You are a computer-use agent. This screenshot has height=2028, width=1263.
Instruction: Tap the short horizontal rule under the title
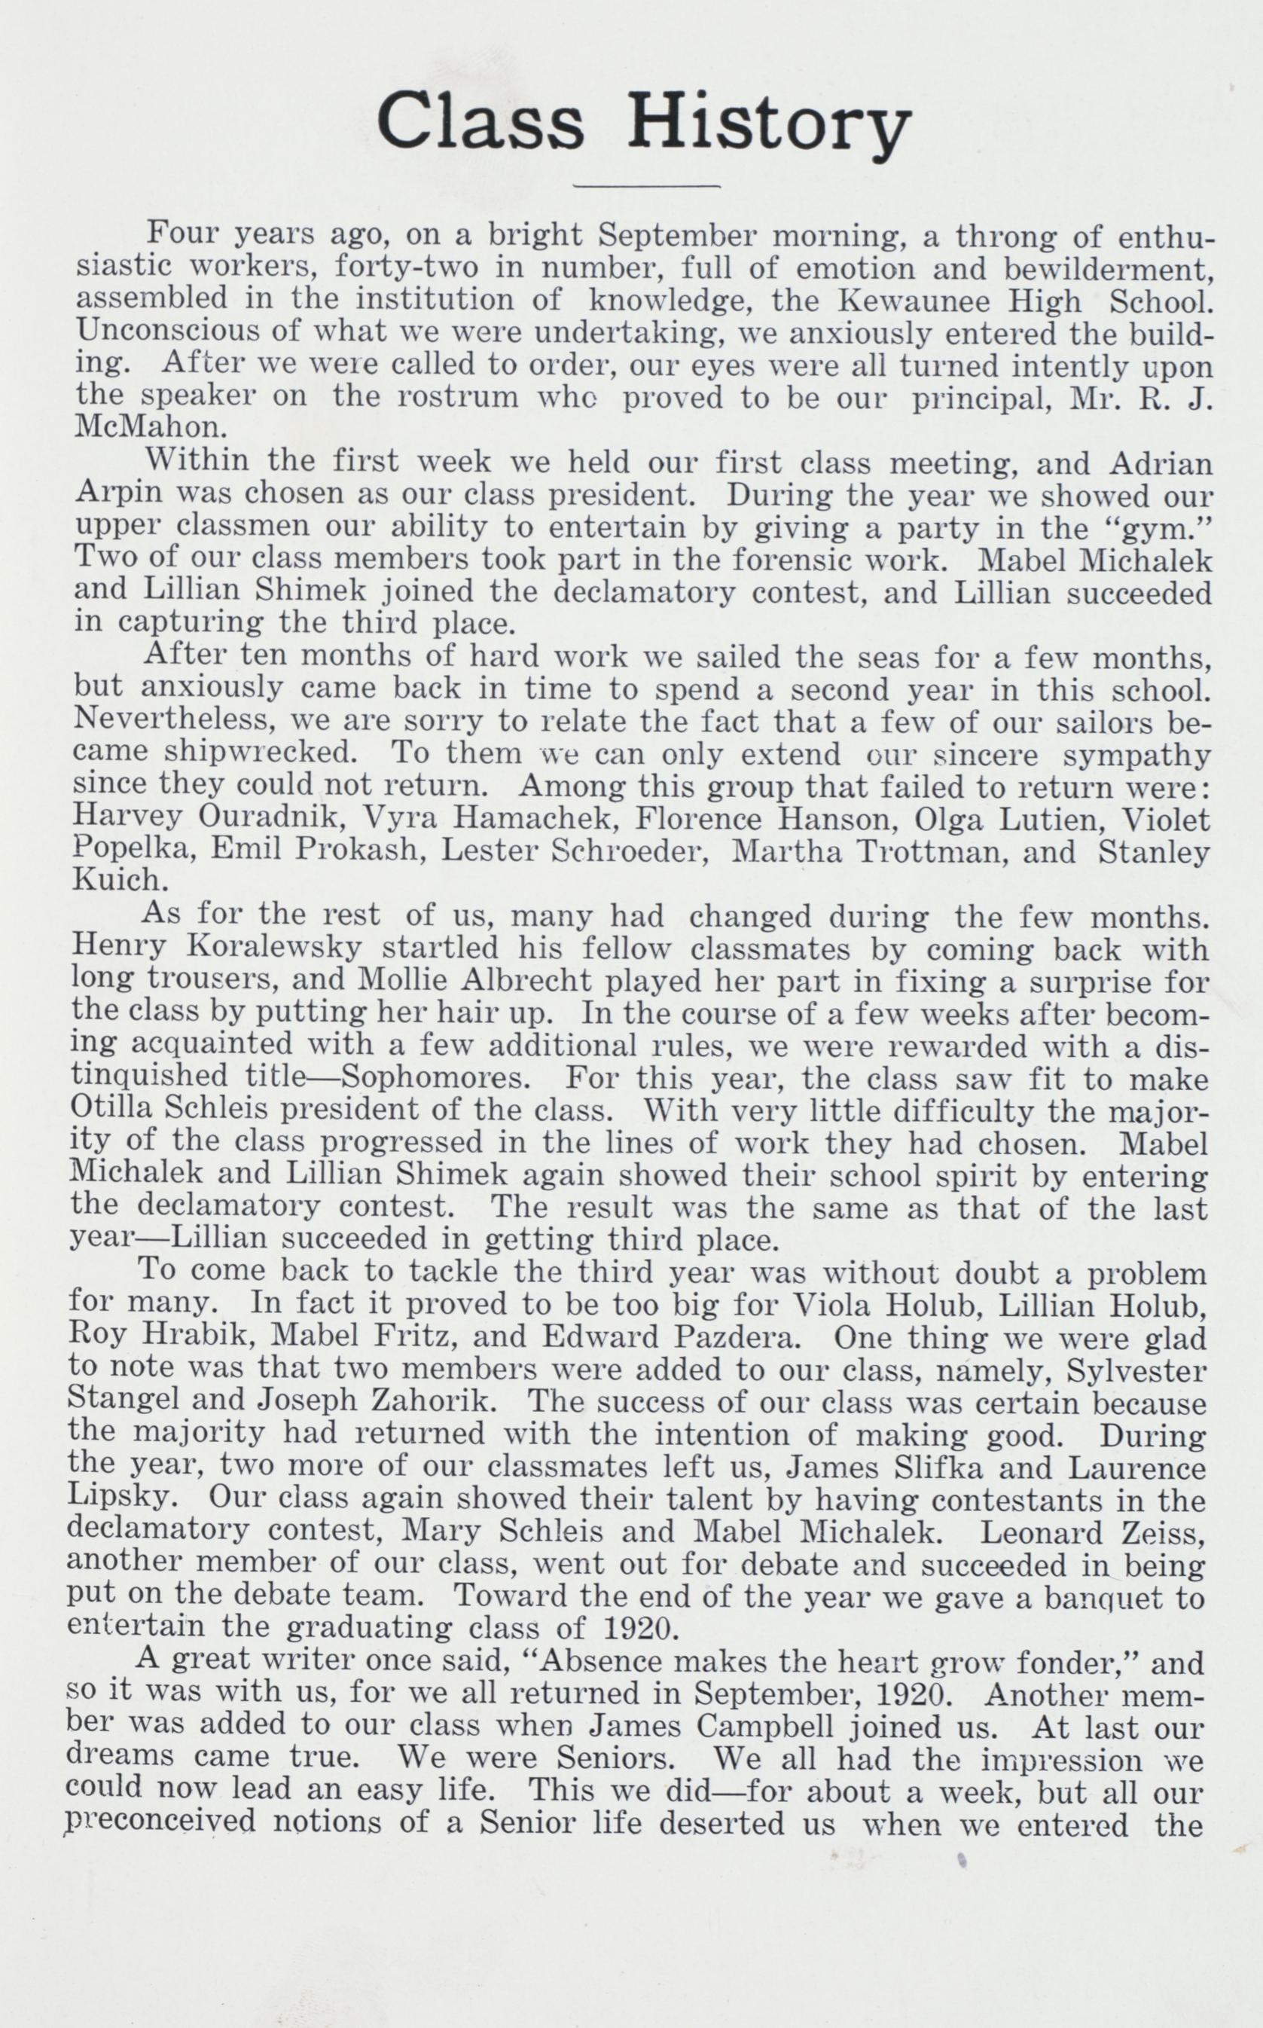tap(648, 185)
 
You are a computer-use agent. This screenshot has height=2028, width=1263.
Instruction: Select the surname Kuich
tap(116, 881)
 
